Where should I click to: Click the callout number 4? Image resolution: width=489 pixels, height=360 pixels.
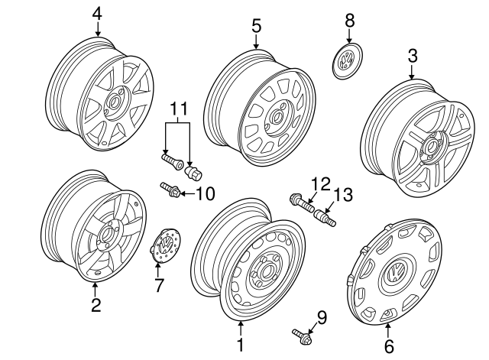coord(97,13)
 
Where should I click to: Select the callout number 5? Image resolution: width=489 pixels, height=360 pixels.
coord(257,26)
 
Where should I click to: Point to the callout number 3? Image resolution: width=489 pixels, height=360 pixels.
coord(412,55)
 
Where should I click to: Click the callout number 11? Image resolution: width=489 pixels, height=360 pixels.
coord(178,109)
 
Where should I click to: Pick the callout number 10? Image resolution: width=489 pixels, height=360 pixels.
coord(206,193)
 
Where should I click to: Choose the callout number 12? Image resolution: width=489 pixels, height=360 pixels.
coord(320,183)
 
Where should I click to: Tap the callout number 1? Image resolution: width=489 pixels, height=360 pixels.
coord(240,345)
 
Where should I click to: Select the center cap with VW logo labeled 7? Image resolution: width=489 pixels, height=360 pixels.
coord(164,246)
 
